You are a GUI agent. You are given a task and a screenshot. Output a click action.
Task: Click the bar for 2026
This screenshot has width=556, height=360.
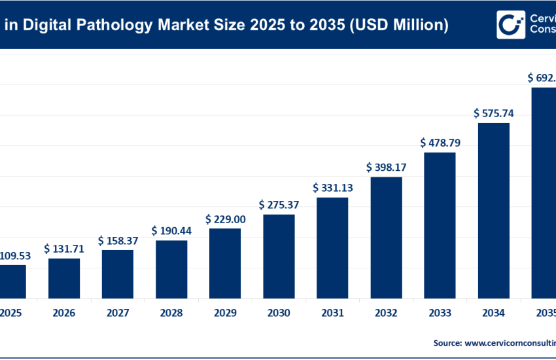64,278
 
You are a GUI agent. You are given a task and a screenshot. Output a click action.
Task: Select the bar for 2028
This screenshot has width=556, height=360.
171,268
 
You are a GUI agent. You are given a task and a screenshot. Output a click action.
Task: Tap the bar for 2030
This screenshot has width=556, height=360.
279,255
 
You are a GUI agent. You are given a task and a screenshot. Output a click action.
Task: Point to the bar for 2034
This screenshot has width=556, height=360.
493,209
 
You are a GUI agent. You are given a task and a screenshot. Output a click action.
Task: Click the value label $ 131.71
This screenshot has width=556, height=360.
64,249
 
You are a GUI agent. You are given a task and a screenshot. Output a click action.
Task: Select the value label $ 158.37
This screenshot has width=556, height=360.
118,241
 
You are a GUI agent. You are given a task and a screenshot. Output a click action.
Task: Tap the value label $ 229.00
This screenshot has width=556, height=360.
225,219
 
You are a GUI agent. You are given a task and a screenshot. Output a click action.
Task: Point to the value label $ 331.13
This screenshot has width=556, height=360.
332,188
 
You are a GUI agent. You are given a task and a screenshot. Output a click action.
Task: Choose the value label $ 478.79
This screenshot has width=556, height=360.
440,142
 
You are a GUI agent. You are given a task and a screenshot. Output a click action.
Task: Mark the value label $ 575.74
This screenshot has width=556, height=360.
493,113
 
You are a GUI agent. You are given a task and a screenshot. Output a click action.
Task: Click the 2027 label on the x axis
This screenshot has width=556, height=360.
118,314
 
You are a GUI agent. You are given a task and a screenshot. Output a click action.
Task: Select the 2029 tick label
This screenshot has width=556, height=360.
225,314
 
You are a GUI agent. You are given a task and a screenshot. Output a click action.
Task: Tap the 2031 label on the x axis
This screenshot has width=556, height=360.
332,314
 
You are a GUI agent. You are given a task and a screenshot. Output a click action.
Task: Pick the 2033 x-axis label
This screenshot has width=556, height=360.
440,314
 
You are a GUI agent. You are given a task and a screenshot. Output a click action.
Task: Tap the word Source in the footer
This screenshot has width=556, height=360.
447,342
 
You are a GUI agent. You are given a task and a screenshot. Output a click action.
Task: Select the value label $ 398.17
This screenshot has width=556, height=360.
386,167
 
